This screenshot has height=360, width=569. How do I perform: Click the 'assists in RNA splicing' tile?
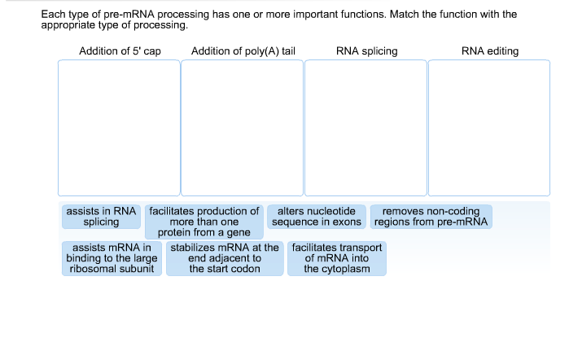(x=101, y=217)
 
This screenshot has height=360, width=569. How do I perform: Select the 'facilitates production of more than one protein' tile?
(x=204, y=222)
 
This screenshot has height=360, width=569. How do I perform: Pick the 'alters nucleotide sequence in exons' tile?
(x=317, y=217)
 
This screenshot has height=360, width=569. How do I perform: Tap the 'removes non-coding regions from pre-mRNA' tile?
(x=431, y=217)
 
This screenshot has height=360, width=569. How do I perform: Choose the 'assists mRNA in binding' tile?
(x=112, y=258)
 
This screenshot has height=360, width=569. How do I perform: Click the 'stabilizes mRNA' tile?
(x=225, y=258)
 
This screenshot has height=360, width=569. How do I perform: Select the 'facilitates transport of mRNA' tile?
(x=336, y=258)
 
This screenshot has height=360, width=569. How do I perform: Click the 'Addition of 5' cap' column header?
(x=120, y=51)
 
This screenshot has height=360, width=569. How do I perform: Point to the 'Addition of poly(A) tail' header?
(x=243, y=51)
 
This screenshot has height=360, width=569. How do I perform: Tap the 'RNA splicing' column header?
(x=366, y=51)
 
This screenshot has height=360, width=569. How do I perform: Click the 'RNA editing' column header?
(x=489, y=51)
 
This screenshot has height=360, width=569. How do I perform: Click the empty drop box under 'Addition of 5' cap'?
(x=119, y=128)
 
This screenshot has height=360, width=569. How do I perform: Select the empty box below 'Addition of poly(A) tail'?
(x=242, y=128)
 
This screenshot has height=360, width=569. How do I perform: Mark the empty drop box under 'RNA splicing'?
(x=365, y=128)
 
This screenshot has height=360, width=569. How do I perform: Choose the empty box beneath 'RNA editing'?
(x=489, y=128)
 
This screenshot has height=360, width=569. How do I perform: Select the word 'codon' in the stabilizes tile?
(x=244, y=269)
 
